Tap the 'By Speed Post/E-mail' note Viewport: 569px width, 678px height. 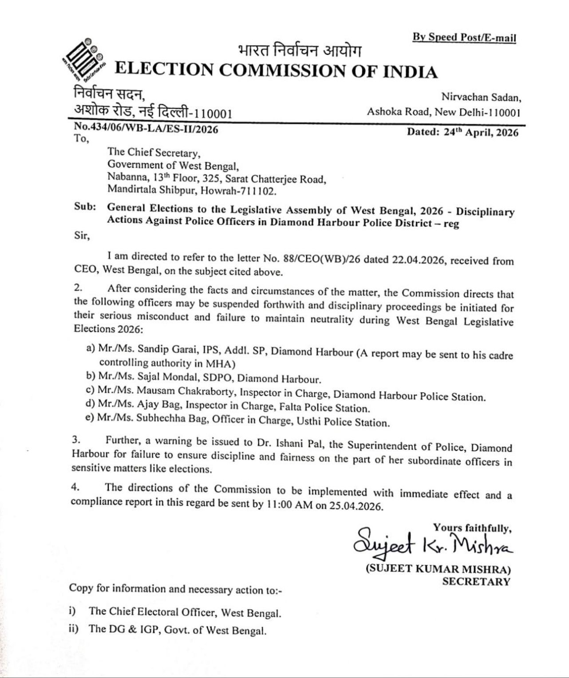pyautogui.click(x=464, y=38)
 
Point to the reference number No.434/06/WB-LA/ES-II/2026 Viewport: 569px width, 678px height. pyautogui.click(x=146, y=128)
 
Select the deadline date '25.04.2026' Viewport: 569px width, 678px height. pyautogui.click(x=356, y=506)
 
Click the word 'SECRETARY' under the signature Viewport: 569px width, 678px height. pyautogui.click(x=476, y=582)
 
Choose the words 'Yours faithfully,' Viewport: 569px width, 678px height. pyautogui.click(x=472, y=528)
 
